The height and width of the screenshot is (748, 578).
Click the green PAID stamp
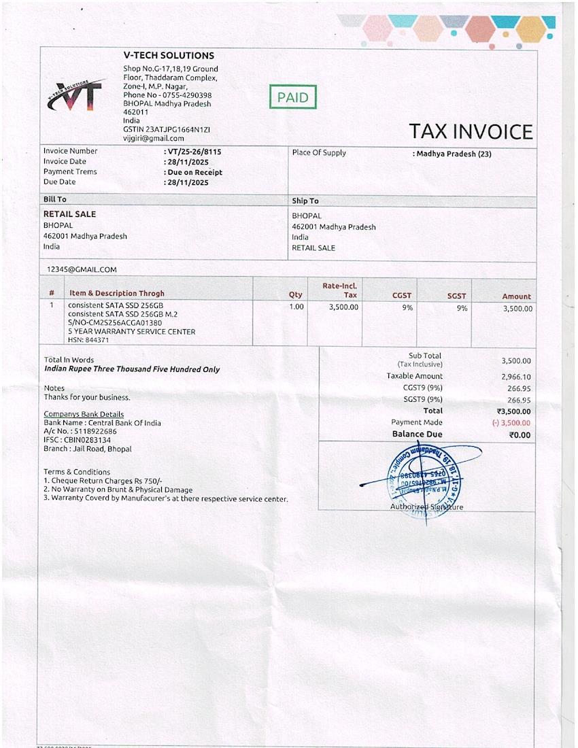[293, 97]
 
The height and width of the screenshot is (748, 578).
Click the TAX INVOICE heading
[471, 132]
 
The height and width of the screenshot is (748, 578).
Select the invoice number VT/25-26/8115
[194, 152]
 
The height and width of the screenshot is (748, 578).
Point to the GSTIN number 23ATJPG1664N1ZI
[167, 129]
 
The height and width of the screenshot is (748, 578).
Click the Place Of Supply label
[319, 153]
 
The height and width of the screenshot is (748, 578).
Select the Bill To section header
[55, 200]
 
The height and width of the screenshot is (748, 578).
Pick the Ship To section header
[305, 201]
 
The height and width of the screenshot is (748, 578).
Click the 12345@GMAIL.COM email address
[82, 269]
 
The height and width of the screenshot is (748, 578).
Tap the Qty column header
[295, 295]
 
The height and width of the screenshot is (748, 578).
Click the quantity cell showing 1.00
[296, 307]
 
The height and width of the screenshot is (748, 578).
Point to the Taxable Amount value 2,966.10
[516, 377]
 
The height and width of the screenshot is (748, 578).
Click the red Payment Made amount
[511, 423]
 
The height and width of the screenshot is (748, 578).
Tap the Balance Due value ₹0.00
[520, 435]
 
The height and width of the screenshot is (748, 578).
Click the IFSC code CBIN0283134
[78, 440]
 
